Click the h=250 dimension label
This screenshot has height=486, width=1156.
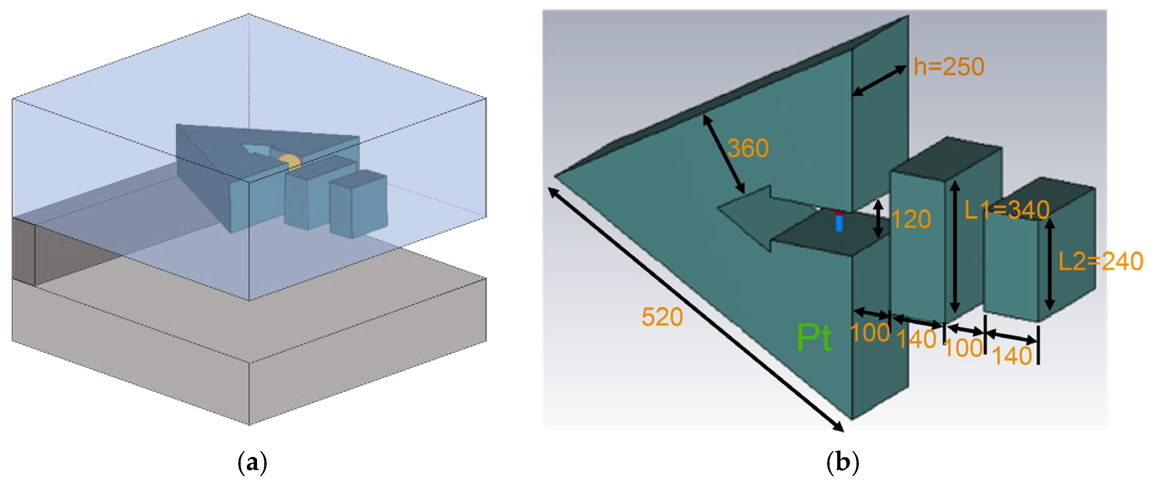[949, 67]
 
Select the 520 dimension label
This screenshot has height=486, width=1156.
[662, 317]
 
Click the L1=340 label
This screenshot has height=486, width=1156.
[1007, 210]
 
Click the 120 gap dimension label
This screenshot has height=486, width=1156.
[911, 219]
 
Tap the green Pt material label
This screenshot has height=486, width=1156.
[814, 338]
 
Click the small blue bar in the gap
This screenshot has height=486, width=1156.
[839, 223]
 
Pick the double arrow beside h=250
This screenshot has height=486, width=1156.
[879, 80]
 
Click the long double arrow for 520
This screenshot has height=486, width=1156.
[695, 310]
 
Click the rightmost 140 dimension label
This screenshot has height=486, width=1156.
[1012, 356]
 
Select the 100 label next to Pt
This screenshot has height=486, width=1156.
[870, 333]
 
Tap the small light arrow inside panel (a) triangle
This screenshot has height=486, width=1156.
[256, 150]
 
